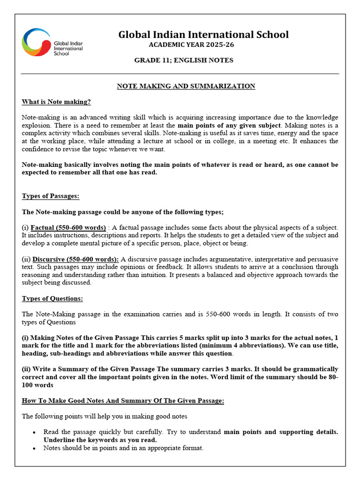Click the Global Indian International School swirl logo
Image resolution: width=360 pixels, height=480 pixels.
click(36, 42)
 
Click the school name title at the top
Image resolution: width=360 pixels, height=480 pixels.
click(203, 35)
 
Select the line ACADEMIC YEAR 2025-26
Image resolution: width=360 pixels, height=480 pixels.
click(191, 45)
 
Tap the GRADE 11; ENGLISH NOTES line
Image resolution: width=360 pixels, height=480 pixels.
click(184, 60)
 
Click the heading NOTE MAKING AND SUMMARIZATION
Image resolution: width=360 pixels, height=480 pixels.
click(186, 86)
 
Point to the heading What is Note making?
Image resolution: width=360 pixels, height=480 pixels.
click(56, 102)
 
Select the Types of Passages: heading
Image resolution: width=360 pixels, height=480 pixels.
click(51, 196)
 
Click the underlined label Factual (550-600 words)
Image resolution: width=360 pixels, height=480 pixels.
click(68, 227)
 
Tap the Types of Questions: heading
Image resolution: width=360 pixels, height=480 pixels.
click(52, 299)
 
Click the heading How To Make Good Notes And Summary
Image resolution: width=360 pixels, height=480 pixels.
click(123, 401)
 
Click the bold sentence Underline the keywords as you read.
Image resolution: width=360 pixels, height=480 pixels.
click(100, 440)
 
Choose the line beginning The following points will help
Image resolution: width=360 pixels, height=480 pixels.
click(104, 416)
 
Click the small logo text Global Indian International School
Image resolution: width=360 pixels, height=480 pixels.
click(68, 48)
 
